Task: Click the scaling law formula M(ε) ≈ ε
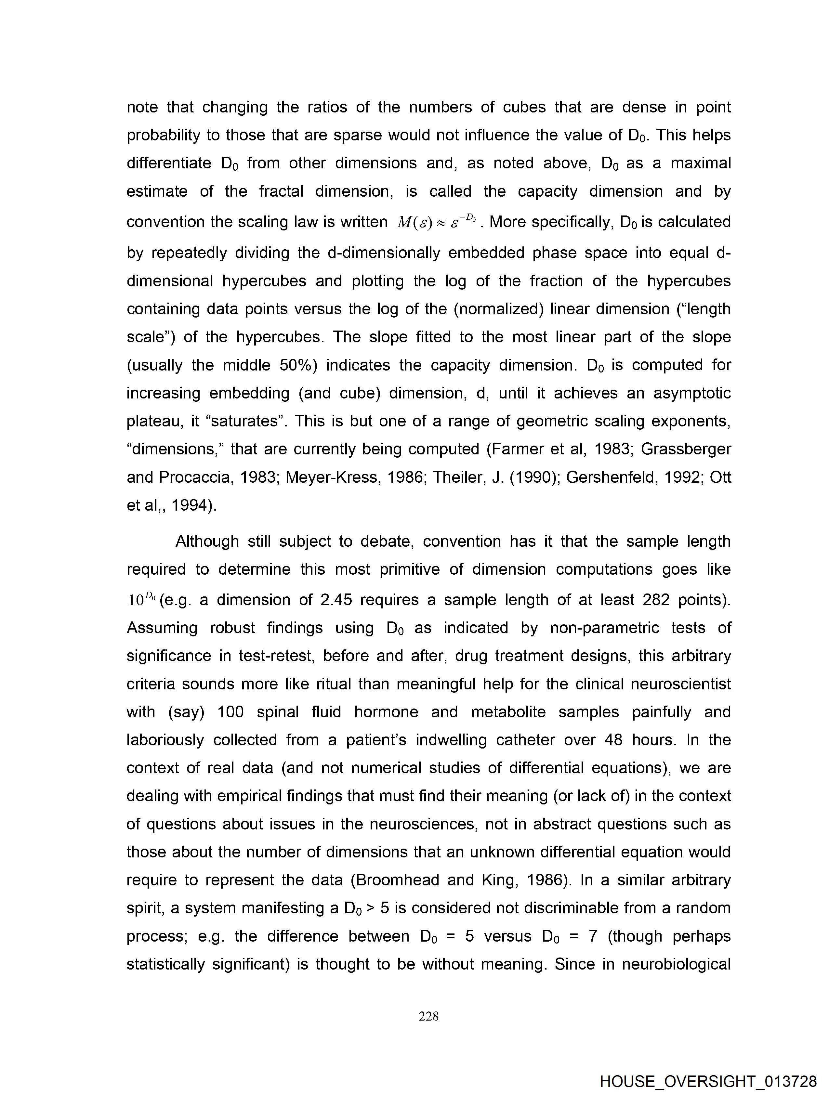(436, 222)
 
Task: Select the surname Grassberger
(686, 449)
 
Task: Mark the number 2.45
(336, 600)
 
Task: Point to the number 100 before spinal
(231, 712)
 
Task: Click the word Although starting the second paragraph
(207, 541)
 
